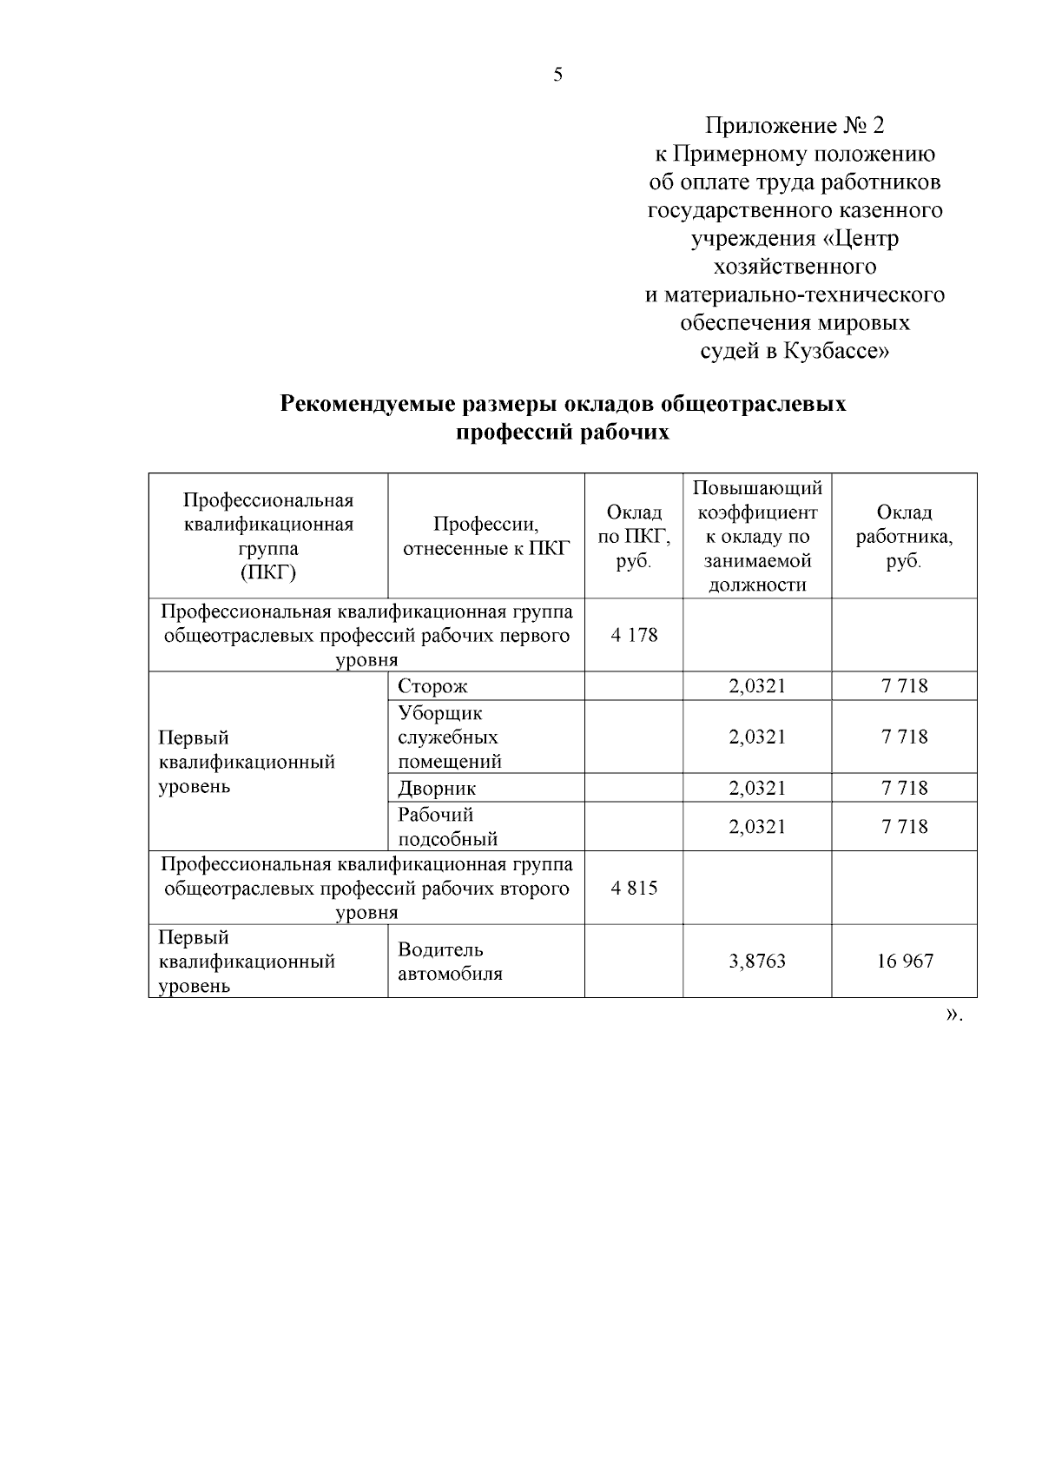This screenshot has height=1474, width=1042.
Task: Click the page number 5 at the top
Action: pyautogui.click(x=557, y=75)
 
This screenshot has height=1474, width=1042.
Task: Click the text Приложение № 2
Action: pyautogui.click(x=795, y=126)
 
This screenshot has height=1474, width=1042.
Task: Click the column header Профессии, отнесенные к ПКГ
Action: pyautogui.click(x=485, y=536)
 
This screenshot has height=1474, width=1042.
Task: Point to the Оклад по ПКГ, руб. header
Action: pyautogui.click(x=634, y=537)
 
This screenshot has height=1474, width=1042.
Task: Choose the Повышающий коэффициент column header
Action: pyautogui.click(x=757, y=535)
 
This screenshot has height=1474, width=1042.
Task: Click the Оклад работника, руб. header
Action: pyautogui.click(x=904, y=536)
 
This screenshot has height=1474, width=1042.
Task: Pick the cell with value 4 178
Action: pyautogui.click(x=634, y=635)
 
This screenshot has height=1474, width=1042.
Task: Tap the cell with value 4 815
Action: pyautogui.click(x=634, y=889)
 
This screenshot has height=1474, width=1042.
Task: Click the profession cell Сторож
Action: pyautogui.click(x=432, y=686)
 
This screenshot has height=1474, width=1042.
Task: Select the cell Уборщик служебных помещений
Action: pyautogui.click(x=449, y=737)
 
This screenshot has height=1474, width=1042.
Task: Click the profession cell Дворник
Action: pyautogui.click(x=437, y=788)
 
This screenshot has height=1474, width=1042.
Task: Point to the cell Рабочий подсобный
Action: pyautogui.click(x=447, y=826)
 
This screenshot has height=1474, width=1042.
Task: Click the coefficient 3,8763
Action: pyautogui.click(x=757, y=962)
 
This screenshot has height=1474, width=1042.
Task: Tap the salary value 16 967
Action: pyautogui.click(x=904, y=962)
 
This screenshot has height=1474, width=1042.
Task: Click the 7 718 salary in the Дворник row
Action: pyautogui.click(x=904, y=788)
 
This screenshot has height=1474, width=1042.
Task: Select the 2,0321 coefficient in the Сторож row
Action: pyautogui.click(x=757, y=686)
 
